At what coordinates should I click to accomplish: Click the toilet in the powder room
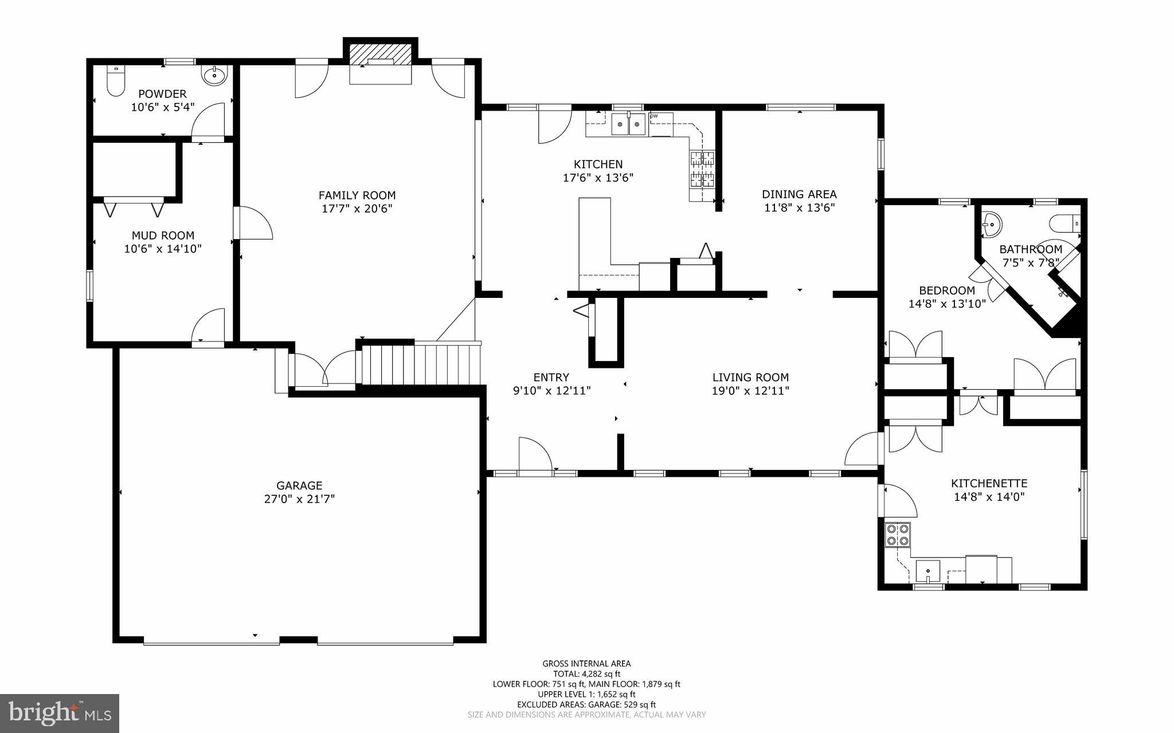[x=116, y=81]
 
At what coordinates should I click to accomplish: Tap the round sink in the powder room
[x=214, y=75]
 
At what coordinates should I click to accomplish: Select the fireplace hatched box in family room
[x=380, y=54]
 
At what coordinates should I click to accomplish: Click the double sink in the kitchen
[x=629, y=124]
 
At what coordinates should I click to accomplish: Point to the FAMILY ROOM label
[x=357, y=195]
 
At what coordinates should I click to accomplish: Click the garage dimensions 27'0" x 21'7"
[x=299, y=499]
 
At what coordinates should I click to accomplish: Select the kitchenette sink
[x=928, y=571]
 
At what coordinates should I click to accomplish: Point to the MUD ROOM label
[x=163, y=236]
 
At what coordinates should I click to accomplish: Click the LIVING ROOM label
[x=750, y=378]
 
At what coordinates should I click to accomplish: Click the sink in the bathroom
[x=991, y=224]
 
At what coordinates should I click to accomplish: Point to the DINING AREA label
[x=799, y=194]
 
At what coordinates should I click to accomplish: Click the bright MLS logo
[x=60, y=713]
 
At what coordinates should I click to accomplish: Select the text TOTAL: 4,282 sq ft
[x=586, y=674]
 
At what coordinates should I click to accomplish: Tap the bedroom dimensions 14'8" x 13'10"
[x=947, y=304]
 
